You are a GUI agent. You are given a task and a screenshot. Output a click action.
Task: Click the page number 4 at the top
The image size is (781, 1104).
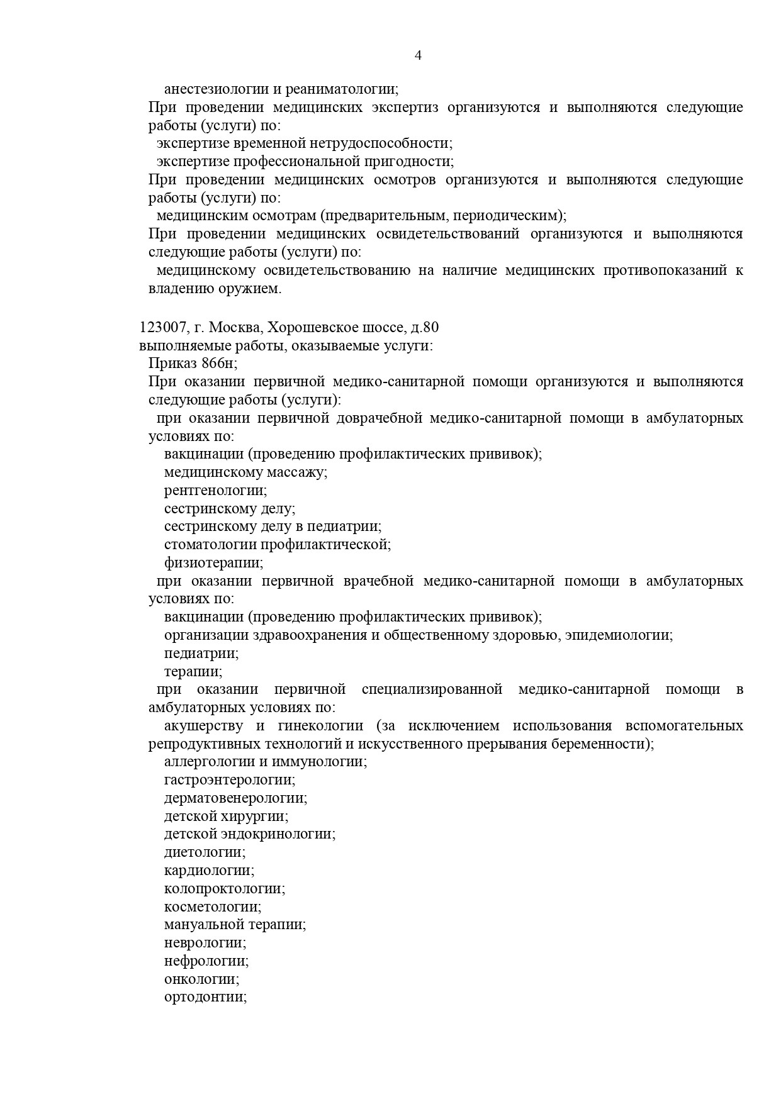coord(418,55)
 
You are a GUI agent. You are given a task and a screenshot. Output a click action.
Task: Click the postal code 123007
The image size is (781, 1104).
coord(162,328)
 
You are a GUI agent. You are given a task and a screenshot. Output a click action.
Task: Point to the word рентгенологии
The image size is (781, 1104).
coord(215,490)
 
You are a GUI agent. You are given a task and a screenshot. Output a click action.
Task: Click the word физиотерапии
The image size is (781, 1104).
coord(213,562)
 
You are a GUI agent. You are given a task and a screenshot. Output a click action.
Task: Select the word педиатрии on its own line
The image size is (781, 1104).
coord(201,653)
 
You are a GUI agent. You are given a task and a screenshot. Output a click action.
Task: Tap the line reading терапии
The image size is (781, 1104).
coord(193,671)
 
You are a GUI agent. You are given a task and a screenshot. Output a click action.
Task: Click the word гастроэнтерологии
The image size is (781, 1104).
coord(229,780)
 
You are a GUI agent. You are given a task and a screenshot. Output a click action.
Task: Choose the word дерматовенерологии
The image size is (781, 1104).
coord(235,798)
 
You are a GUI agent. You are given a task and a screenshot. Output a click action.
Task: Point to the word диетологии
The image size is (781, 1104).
coord(204,852)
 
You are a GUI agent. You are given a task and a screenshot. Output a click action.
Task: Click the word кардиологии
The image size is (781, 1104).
coord(208,871)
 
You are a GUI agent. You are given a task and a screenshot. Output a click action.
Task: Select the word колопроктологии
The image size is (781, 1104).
coord(223,889)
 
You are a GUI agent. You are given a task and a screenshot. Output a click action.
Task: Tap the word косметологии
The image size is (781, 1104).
coord(212,907)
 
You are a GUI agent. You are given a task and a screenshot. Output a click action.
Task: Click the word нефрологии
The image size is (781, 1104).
coord(206,961)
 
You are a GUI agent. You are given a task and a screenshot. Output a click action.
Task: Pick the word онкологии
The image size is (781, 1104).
coord(201,979)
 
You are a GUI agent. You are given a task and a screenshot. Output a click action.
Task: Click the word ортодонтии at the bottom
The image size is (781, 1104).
coord(205,998)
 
